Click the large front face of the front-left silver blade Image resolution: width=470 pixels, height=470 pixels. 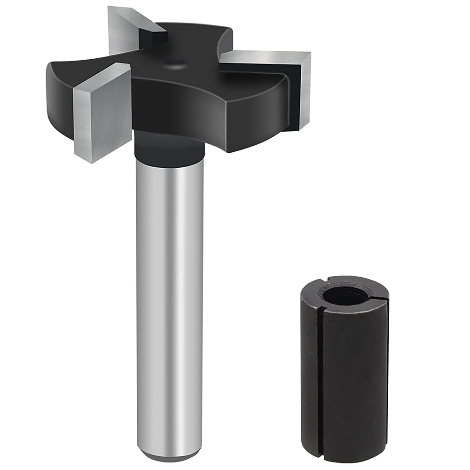[101, 117]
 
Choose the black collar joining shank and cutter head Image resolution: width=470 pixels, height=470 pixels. [169, 148]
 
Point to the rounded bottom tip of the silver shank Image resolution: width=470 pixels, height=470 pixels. [169, 455]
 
